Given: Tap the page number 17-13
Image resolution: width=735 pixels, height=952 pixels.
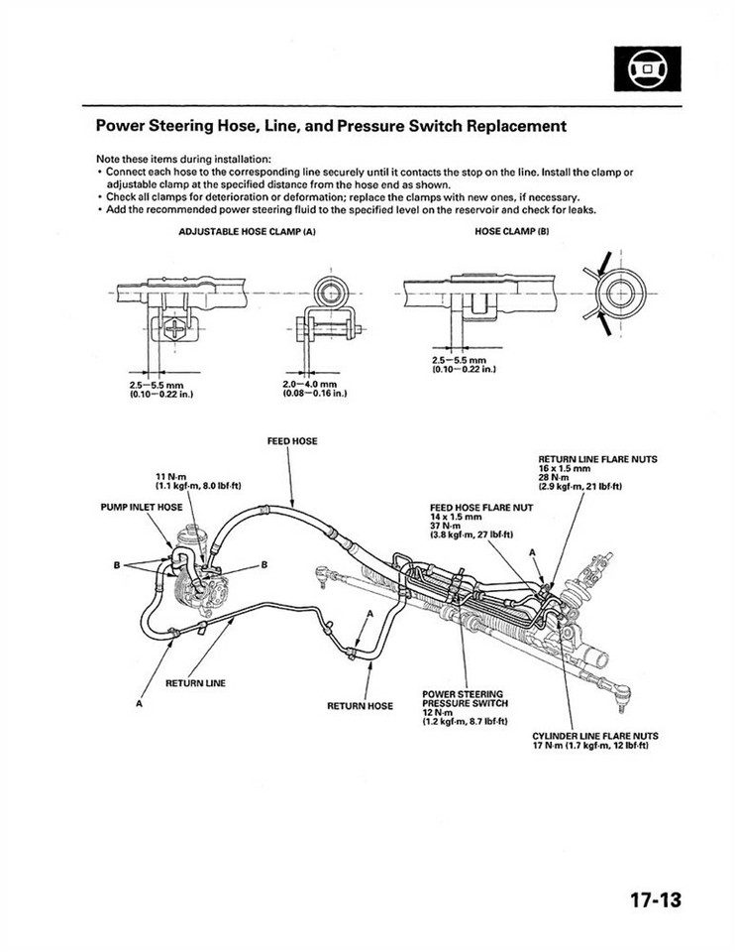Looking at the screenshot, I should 655,900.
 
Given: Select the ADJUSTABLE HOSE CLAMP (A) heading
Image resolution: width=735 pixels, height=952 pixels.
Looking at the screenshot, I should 247,231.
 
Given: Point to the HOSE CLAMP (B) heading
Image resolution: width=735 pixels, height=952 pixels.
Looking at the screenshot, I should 512,231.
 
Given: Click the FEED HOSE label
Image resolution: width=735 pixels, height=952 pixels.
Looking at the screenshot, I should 292,440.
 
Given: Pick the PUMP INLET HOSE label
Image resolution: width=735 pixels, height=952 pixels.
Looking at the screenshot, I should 142,507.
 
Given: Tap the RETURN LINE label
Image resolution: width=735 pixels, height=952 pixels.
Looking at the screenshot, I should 195,683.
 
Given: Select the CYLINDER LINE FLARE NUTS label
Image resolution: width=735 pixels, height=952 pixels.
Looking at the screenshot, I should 595,736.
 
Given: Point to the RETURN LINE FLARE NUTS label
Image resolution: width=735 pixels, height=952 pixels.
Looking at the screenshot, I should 597,459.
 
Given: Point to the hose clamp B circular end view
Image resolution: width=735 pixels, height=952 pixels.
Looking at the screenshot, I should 622,294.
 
